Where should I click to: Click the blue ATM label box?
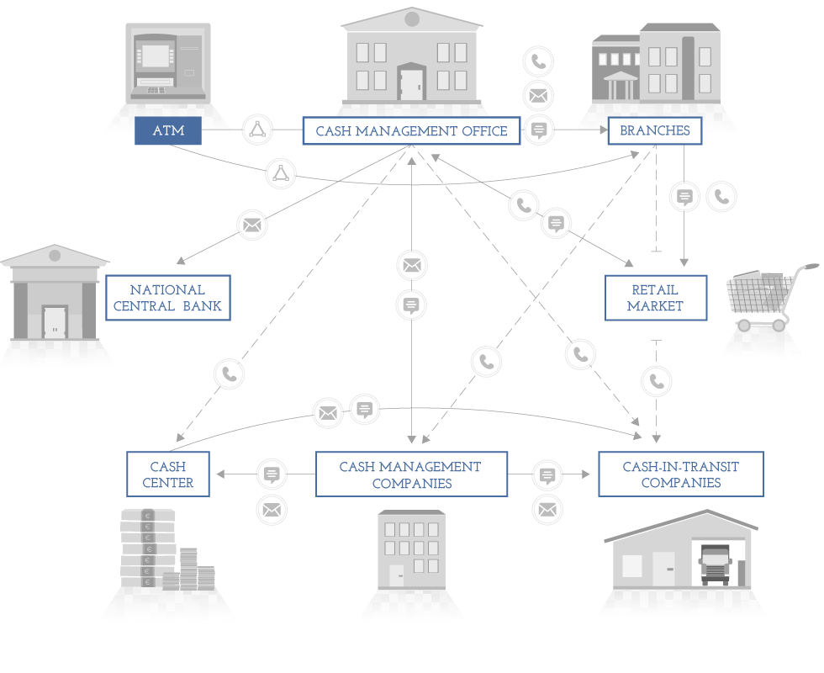tap(168, 130)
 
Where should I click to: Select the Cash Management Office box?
tap(411, 130)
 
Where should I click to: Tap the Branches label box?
tap(655, 130)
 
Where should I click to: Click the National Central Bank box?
tap(167, 298)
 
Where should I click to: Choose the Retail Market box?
tap(655, 298)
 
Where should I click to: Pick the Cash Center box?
tap(167, 474)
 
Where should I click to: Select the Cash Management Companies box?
tap(411, 474)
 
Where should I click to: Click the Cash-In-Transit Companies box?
tap(680, 474)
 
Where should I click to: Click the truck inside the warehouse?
tap(716, 564)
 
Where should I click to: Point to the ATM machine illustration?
tap(168, 64)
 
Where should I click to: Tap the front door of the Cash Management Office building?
tap(411, 82)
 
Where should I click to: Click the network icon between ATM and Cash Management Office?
tap(257, 130)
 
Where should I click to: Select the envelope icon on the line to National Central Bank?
tap(252, 225)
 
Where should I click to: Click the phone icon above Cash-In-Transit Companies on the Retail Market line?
tap(657, 380)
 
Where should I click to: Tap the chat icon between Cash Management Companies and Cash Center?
tap(272, 474)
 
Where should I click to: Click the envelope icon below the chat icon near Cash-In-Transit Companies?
tap(547, 510)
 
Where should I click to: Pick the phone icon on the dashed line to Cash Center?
tap(229, 374)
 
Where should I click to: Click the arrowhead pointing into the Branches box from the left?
tap(604, 130)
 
